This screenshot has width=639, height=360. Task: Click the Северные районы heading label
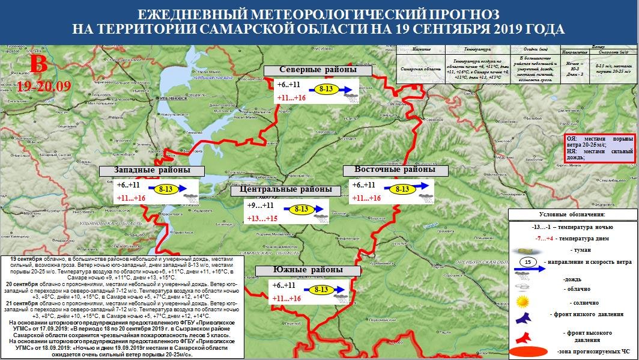pyautogui.click(x=318, y=70)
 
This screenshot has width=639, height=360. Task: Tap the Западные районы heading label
pyautogui.click(x=152, y=171)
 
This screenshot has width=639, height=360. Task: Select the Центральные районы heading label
pyautogui.click(x=285, y=190)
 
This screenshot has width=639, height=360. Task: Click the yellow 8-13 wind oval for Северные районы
pyautogui.click(x=327, y=89)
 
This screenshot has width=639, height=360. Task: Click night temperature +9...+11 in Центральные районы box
pyautogui.click(x=261, y=205)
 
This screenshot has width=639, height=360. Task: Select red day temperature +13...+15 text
pyautogui.click(x=262, y=219)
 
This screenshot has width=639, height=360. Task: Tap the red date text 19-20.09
pyautogui.click(x=44, y=86)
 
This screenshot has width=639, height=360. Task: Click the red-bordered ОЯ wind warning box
pyautogui.click(x=600, y=147)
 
